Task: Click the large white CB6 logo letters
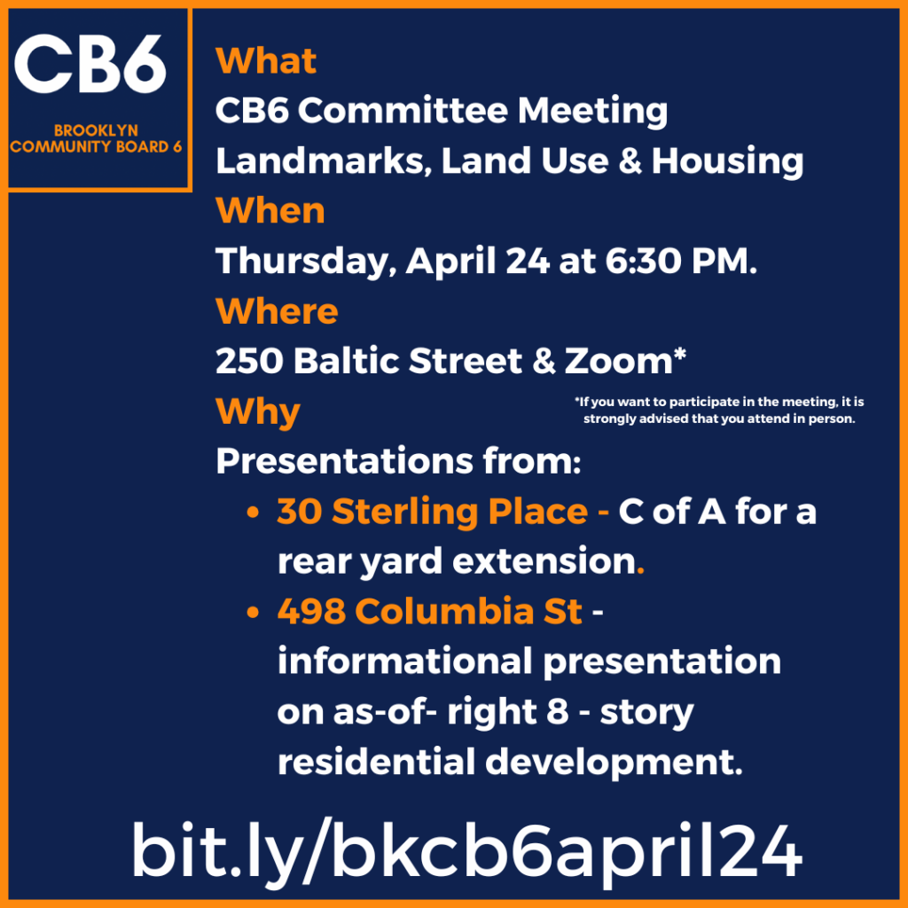click(90, 64)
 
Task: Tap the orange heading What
click(266, 60)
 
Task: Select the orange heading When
click(270, 210)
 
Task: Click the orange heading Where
click(277, 311)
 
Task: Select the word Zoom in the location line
click(618, 362)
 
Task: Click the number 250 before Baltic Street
click(249, 362)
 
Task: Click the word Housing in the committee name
click(727, 161)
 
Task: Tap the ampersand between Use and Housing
click(630, 160)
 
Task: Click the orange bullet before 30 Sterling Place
click(253, 513)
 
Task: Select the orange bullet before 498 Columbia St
click(253, 613)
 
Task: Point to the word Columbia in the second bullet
click(444, 612)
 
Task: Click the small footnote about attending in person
click(719, 410)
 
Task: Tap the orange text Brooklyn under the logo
click(96, 131)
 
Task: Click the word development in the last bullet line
click(614, 763)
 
